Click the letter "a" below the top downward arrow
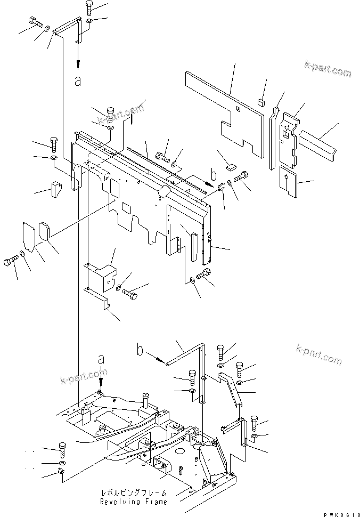[x=78, y=81]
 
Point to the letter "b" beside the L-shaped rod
[x=140, y=351]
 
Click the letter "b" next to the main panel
[x=213, y=174]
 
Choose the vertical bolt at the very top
[x=88, y=9]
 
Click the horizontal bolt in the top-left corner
[x=34, y=23]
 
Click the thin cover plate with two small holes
[x=28, y=235]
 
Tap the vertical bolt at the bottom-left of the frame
[x=62, y=450]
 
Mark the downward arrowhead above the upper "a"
[x=78, y=64]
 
